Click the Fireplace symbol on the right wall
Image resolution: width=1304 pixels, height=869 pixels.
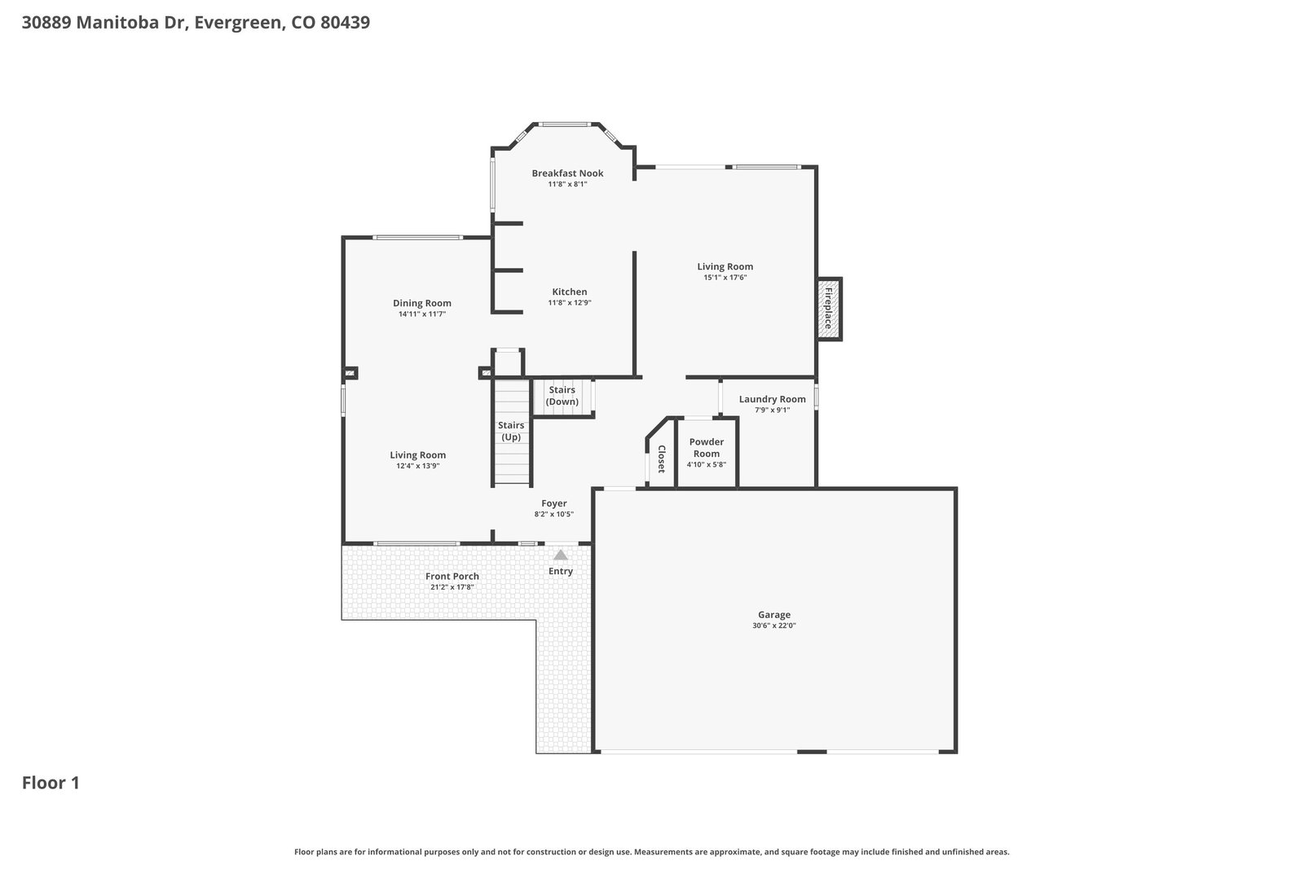tap(829, 309)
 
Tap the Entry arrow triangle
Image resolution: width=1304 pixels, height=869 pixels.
tap(560, 555)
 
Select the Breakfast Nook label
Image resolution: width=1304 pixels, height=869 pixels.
tap(567, 173)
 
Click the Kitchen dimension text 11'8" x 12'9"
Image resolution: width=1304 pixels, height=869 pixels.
tap(570, 302)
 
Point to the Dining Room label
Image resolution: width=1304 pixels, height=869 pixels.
tap(421, 303)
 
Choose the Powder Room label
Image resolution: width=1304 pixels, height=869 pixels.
tap(706, 448)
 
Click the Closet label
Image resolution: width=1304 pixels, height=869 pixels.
tap(661, 459)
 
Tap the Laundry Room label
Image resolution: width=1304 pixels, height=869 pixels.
tap(772, 399)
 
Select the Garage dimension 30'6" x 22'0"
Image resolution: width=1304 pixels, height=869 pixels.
tap(773, 625)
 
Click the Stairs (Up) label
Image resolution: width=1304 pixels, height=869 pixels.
tap(510, 431)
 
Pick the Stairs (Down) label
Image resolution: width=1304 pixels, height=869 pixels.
tap(562, 396)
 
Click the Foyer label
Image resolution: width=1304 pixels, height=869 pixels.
tap(553, 503)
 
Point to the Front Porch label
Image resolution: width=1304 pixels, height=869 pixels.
tap(452, 577)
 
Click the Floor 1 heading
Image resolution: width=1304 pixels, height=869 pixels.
tap(51, 783)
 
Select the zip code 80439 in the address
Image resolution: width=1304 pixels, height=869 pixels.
tap(346, 23)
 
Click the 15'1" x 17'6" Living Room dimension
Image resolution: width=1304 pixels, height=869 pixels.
tap(725, 278)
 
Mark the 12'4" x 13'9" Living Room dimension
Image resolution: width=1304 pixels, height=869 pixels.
tap(417, 466)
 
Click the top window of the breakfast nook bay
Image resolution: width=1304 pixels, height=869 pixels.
tap(564, 124)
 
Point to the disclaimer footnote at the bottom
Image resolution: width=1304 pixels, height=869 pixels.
tap(651, 852)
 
